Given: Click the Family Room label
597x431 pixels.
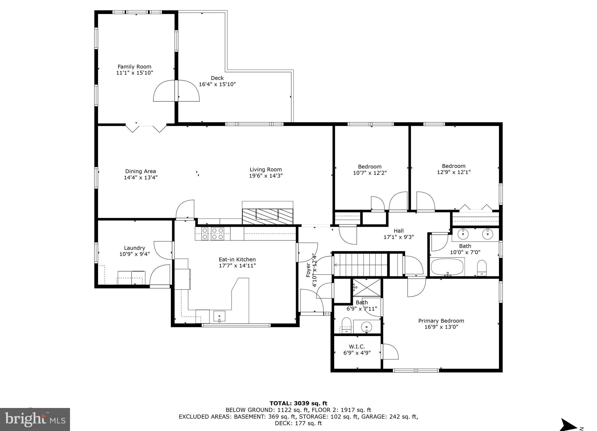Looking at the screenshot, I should coord(134,67).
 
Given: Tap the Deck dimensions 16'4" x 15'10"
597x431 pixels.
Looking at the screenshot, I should coord(217,85).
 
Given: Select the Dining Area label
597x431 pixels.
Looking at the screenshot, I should coord(141,171).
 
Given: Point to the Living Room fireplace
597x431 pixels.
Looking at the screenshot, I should coord(267,216).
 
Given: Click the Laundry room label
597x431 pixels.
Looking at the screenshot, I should coord(134,248).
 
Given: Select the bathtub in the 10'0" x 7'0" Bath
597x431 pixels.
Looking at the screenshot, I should coord(447,267).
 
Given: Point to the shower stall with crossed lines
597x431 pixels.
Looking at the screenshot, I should coord(367,288).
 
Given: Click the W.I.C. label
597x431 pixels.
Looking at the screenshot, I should coord(357,347).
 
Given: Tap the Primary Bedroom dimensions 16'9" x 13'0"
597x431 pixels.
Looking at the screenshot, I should coord(441,327).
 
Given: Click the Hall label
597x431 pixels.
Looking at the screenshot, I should coord(398,231).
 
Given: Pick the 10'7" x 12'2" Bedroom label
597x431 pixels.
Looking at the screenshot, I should coord(370,167).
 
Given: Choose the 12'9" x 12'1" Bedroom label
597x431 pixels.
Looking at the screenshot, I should coord(454,166).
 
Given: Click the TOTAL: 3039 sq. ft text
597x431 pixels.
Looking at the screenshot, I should coord(298,403).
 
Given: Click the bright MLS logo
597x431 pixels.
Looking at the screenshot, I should coord(35,419).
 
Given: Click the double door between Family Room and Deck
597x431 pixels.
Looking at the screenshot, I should coord(176,91).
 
